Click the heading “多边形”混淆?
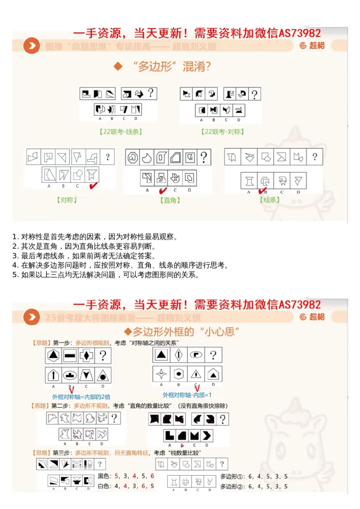171,67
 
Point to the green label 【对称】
67,199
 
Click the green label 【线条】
270,199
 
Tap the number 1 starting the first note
15,237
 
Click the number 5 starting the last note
15,275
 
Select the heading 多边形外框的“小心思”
184,332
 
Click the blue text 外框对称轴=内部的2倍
81,396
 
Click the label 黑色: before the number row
104,476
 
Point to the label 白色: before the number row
104,486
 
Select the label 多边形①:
231,476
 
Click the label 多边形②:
231,486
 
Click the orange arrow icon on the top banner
31,46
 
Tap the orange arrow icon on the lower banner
31,317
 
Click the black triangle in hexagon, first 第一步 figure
54,356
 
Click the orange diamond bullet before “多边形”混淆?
118,67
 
